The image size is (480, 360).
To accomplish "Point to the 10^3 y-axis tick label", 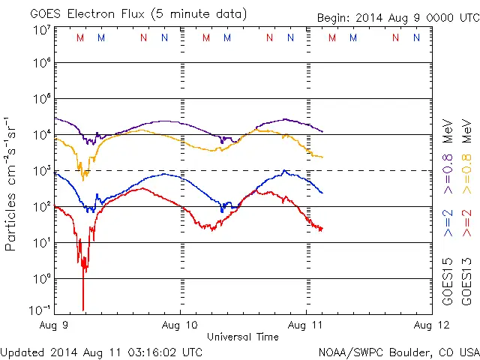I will coord(41,171).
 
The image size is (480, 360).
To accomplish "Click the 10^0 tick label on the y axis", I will coord(41,278).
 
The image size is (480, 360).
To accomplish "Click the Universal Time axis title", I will coord(242,337).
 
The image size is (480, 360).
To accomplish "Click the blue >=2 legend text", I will coord(448,223).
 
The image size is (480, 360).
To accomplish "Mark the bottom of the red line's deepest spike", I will coord(82,309).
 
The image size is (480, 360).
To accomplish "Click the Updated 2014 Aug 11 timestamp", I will coord(101,351).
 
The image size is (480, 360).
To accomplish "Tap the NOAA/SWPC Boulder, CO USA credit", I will coord(398,351).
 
